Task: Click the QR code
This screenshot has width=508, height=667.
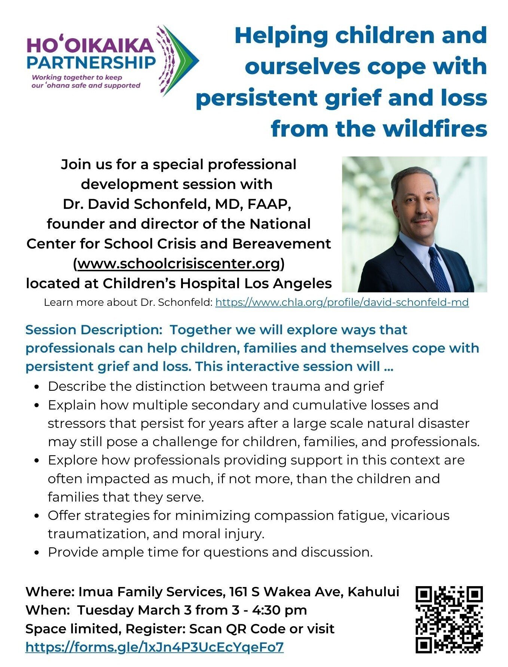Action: [449, 619]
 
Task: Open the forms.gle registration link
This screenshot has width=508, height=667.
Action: [154, 647]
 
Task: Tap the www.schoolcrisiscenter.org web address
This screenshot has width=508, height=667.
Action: [179, 264]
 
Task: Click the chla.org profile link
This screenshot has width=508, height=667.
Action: [342, 302]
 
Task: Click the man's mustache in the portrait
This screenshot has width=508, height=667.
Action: [422, 217]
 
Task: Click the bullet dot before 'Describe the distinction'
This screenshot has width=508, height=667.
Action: [37, 387]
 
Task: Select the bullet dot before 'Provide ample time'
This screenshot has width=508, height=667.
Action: [37, 552]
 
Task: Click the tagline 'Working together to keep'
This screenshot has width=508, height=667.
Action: [77, 77]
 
